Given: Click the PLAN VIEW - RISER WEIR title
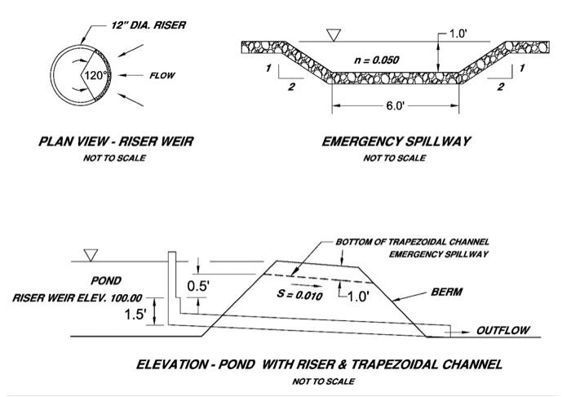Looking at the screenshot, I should (x=116, y=141).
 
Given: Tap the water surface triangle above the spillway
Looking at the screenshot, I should (x=331, y=35).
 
